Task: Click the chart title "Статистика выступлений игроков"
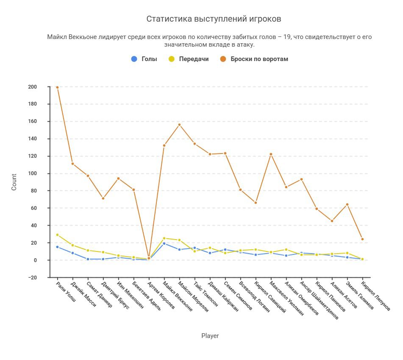click(x=214, y=19)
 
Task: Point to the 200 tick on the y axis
click(x=44, y=87)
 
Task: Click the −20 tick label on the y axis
click(x=43, y=277)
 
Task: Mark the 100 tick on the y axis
click(x=44, y=173)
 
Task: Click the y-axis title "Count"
click(x=14, y=182)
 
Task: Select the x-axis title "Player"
click(x=210, y=336)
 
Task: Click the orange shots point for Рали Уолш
click(x=57, y=87)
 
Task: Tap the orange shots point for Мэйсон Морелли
click(x=179, y=125)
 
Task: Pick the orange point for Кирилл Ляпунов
click(x=362, y=239)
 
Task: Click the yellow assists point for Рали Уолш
click(x=57, y=235)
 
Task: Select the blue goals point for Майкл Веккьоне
click(x=164, y=244)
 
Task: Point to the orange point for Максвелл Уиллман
click(x=271, y=154)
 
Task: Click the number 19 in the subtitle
click(x=287, y=37)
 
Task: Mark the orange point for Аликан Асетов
click(x=332, y=221)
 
